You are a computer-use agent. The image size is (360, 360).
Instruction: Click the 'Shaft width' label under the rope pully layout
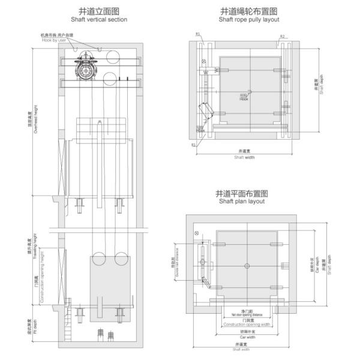(x=244, y=157)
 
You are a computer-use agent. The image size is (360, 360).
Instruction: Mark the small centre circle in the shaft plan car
(x=246, y=265)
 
